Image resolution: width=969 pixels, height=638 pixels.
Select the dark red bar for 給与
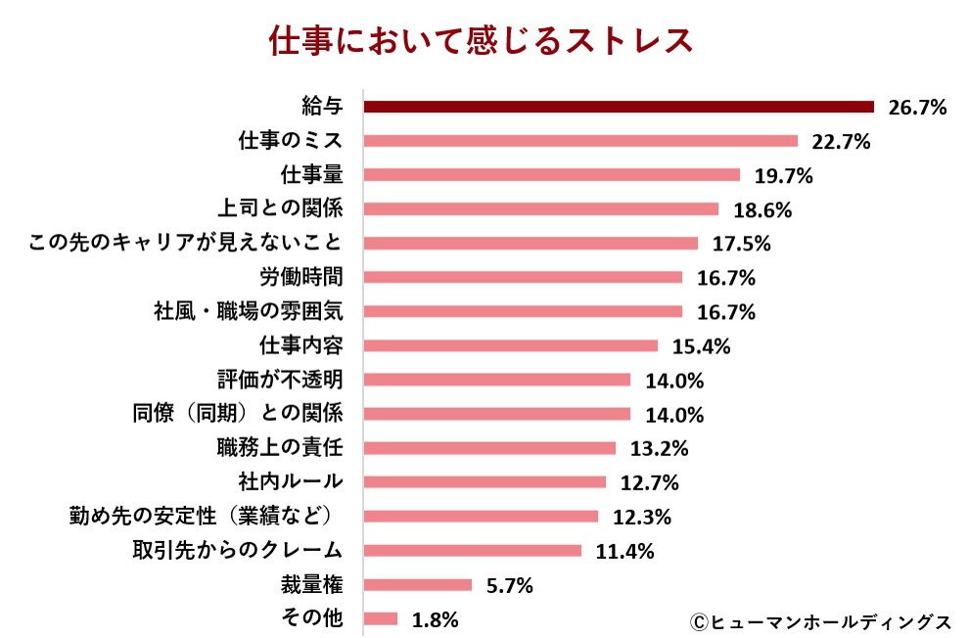click(x=618, y=107)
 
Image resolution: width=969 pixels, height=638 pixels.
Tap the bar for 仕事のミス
click(x=580, y=141)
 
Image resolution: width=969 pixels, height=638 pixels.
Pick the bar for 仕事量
click(x=551, y=175)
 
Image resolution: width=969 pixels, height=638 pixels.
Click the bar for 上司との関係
click(x=540, y=209)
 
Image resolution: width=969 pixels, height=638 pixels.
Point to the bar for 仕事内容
click(x=510, y=345)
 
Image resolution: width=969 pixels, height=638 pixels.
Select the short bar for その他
click(x=381, y=618)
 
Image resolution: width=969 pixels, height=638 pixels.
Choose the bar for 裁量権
click(x=418, y=584)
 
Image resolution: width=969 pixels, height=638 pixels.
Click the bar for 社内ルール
click(x=484, y=481)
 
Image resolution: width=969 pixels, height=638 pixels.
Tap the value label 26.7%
click(x=917, y=108)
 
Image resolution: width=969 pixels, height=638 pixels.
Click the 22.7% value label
click(x=841, y=142)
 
